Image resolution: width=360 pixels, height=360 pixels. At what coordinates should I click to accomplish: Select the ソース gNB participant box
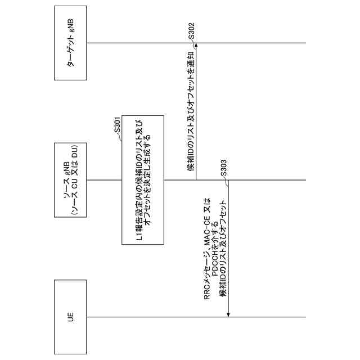70,179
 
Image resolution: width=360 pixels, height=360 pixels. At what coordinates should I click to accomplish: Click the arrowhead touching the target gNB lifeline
196,46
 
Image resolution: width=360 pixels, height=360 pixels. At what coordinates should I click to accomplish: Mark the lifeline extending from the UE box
197,316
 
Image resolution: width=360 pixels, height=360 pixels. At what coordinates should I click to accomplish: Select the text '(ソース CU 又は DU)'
74,179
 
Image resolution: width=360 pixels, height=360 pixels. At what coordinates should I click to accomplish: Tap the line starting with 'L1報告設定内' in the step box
139,179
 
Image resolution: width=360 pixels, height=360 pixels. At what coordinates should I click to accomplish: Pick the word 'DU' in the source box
74,154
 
